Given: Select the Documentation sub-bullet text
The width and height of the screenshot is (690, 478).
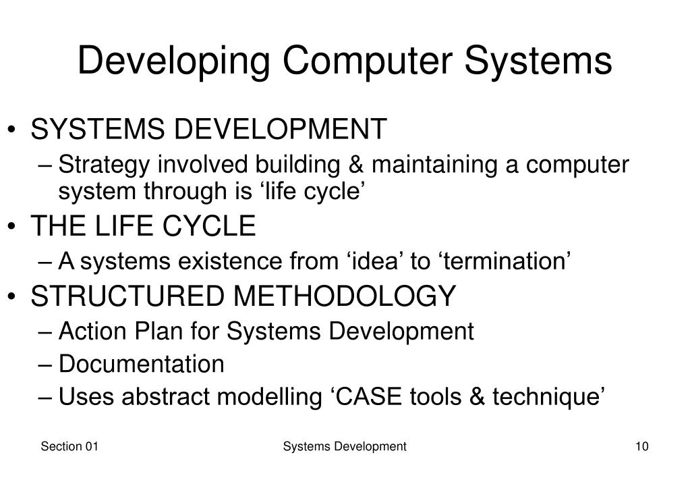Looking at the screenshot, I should [141, 365].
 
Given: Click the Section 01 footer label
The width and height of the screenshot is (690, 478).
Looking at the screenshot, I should [70, 446].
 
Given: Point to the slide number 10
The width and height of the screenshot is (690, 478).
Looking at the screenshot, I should [641, 446].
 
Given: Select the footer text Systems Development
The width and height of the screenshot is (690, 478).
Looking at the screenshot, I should [345, 446].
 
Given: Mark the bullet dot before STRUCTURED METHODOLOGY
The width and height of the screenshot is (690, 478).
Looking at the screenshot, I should [16, 296].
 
